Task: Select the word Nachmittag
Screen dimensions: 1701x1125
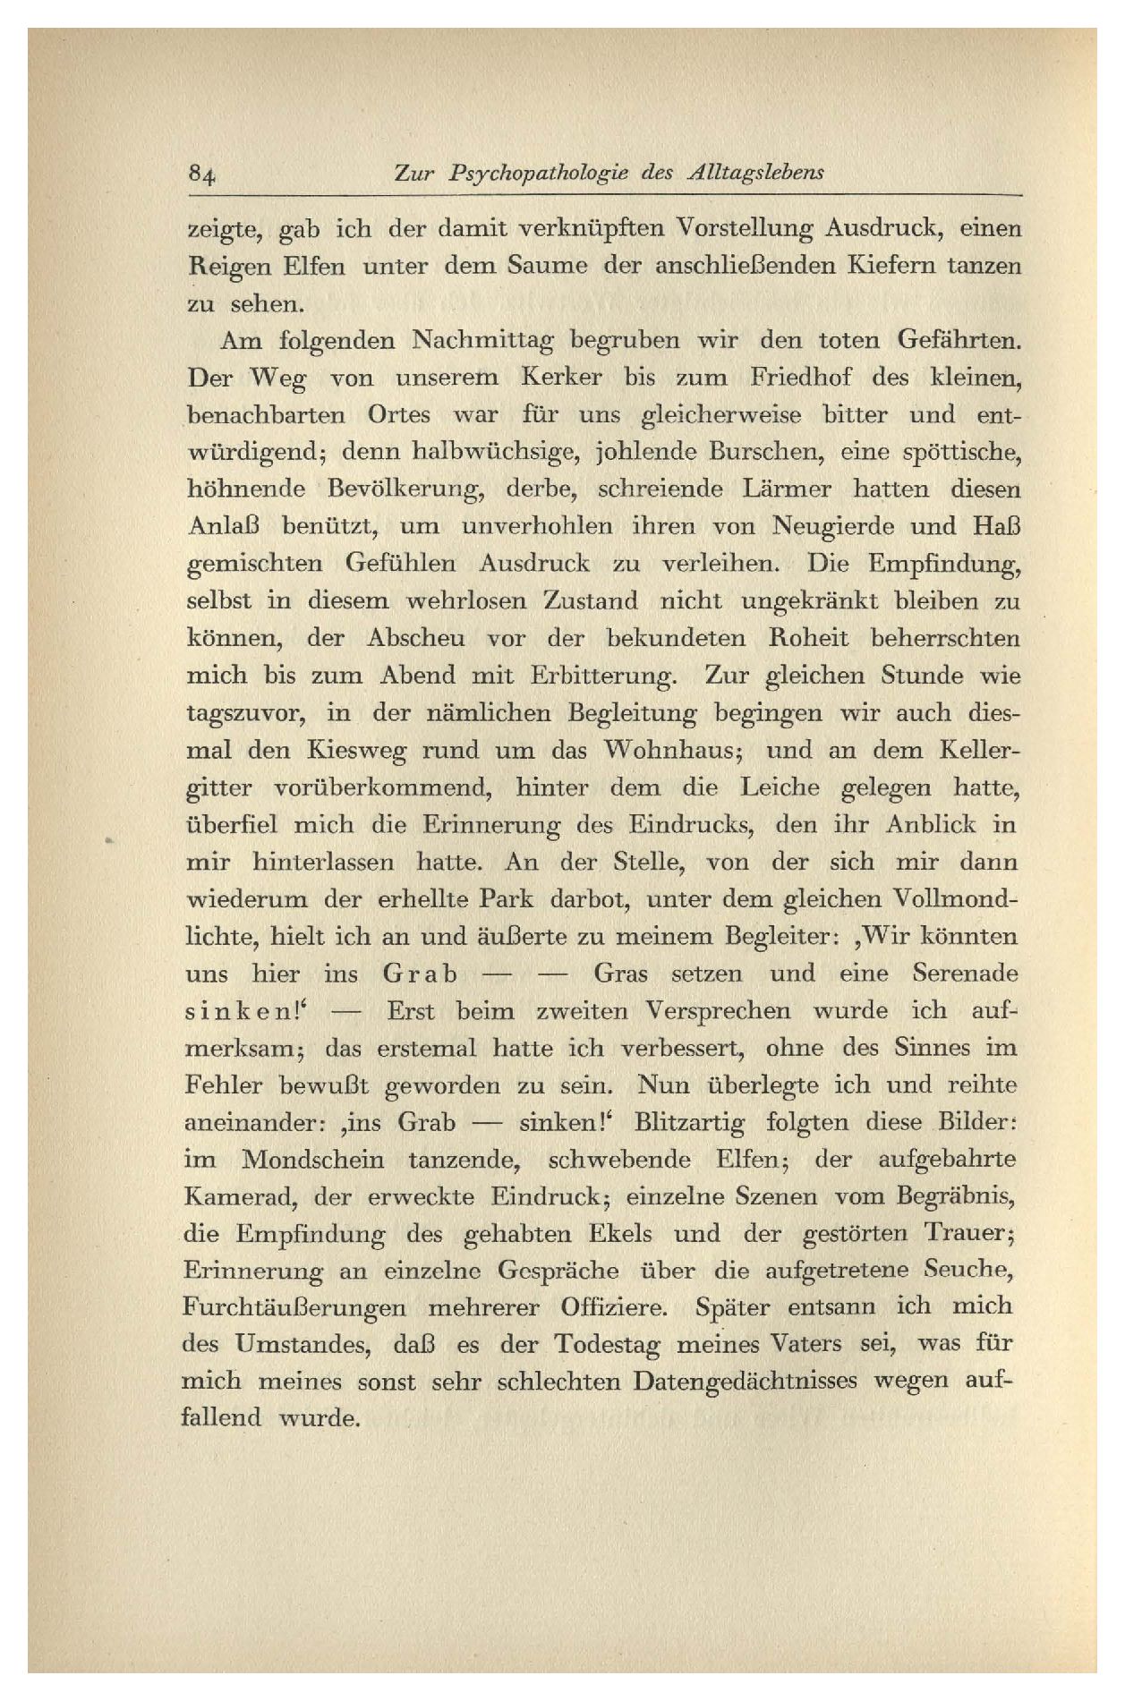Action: click(483, 342)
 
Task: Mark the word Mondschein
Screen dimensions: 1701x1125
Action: click(312, 1160)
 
